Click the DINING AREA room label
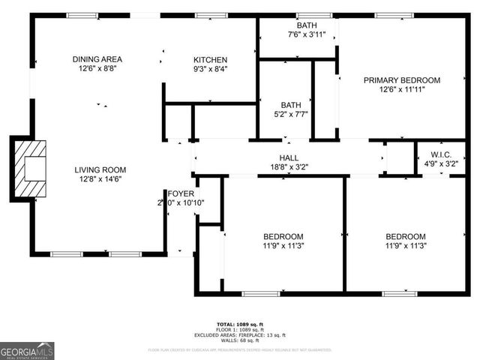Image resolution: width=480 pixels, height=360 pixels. coord(97,59)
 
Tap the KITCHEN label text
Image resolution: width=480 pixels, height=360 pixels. coord(210,60)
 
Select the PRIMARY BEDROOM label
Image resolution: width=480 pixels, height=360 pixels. coord(402,80)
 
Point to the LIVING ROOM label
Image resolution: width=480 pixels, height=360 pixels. coord(99,169)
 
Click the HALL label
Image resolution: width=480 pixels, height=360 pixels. coord(289,157)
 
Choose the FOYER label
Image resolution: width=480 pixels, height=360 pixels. coord(181,193)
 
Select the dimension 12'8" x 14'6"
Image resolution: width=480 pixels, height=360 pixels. coord(99,180)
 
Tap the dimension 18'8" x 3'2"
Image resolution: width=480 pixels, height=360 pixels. coord(289,167)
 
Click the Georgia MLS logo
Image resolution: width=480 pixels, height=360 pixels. coord(27,351)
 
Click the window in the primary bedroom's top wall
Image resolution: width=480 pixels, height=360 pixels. coord(388,15)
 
